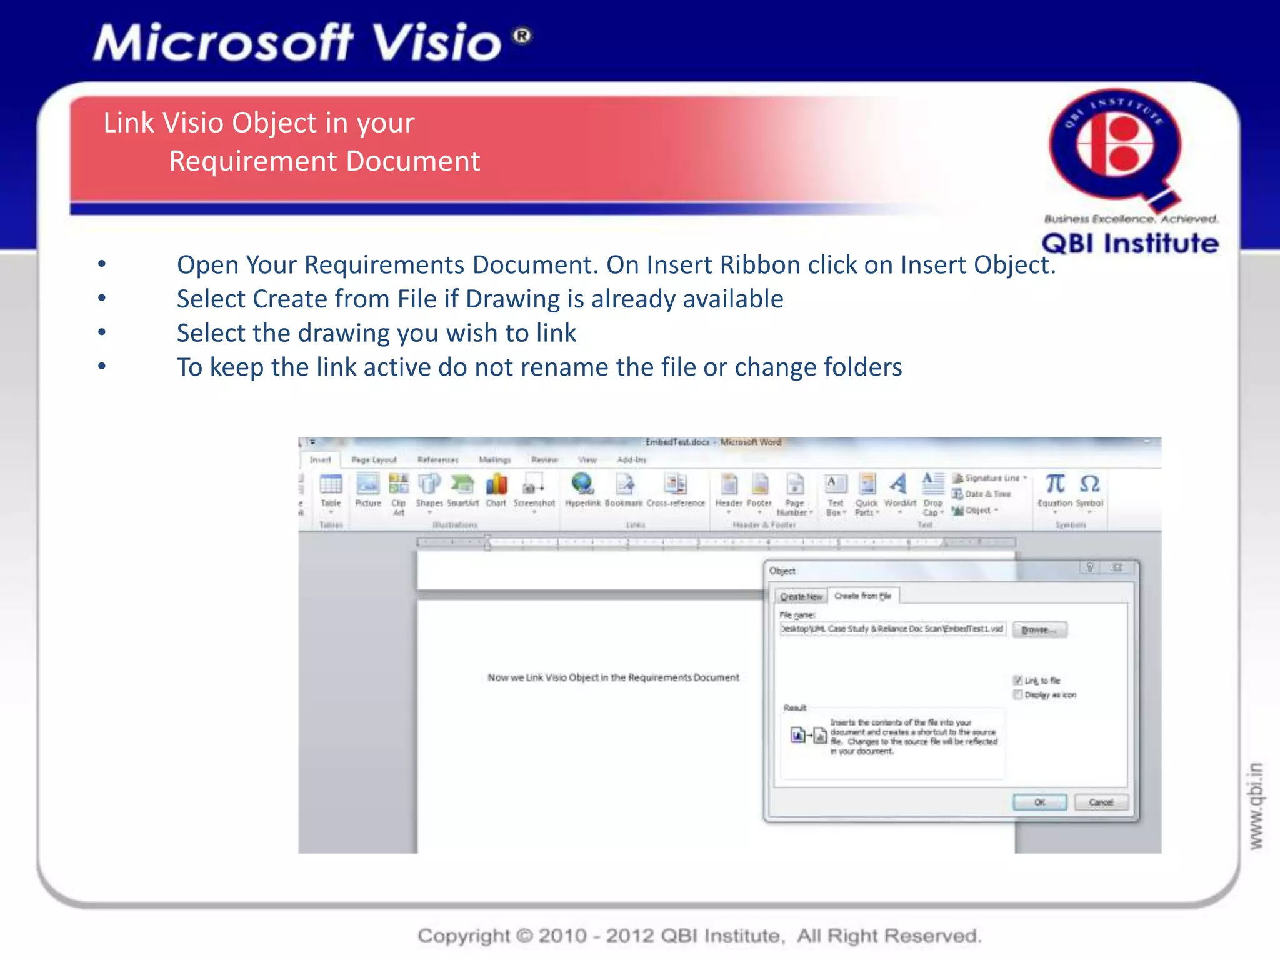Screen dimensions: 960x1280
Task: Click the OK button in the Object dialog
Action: click(1039, 802)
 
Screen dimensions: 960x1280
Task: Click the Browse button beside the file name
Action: click(1039, 629)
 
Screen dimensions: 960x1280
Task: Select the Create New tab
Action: click(801, 596)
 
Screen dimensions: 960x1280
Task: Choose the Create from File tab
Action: click(862, 596)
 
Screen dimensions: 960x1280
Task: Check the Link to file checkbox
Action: click(1017, 680)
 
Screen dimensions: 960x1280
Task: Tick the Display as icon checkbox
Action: click(1017, 694)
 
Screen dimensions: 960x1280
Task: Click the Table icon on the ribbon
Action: click(331, 485)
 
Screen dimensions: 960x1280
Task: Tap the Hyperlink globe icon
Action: click(582, 484)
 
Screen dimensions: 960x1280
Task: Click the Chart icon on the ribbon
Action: click(496, 485)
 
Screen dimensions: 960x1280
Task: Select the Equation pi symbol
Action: click(1055, 484)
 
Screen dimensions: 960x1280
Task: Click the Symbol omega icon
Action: click(1089, 484)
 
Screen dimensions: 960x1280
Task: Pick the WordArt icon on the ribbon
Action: click(899, 484)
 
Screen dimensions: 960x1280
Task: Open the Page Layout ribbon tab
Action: click(374, 460)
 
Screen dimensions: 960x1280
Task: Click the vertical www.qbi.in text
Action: click(1256, 806)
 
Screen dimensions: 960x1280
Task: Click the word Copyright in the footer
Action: click(464, 936)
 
